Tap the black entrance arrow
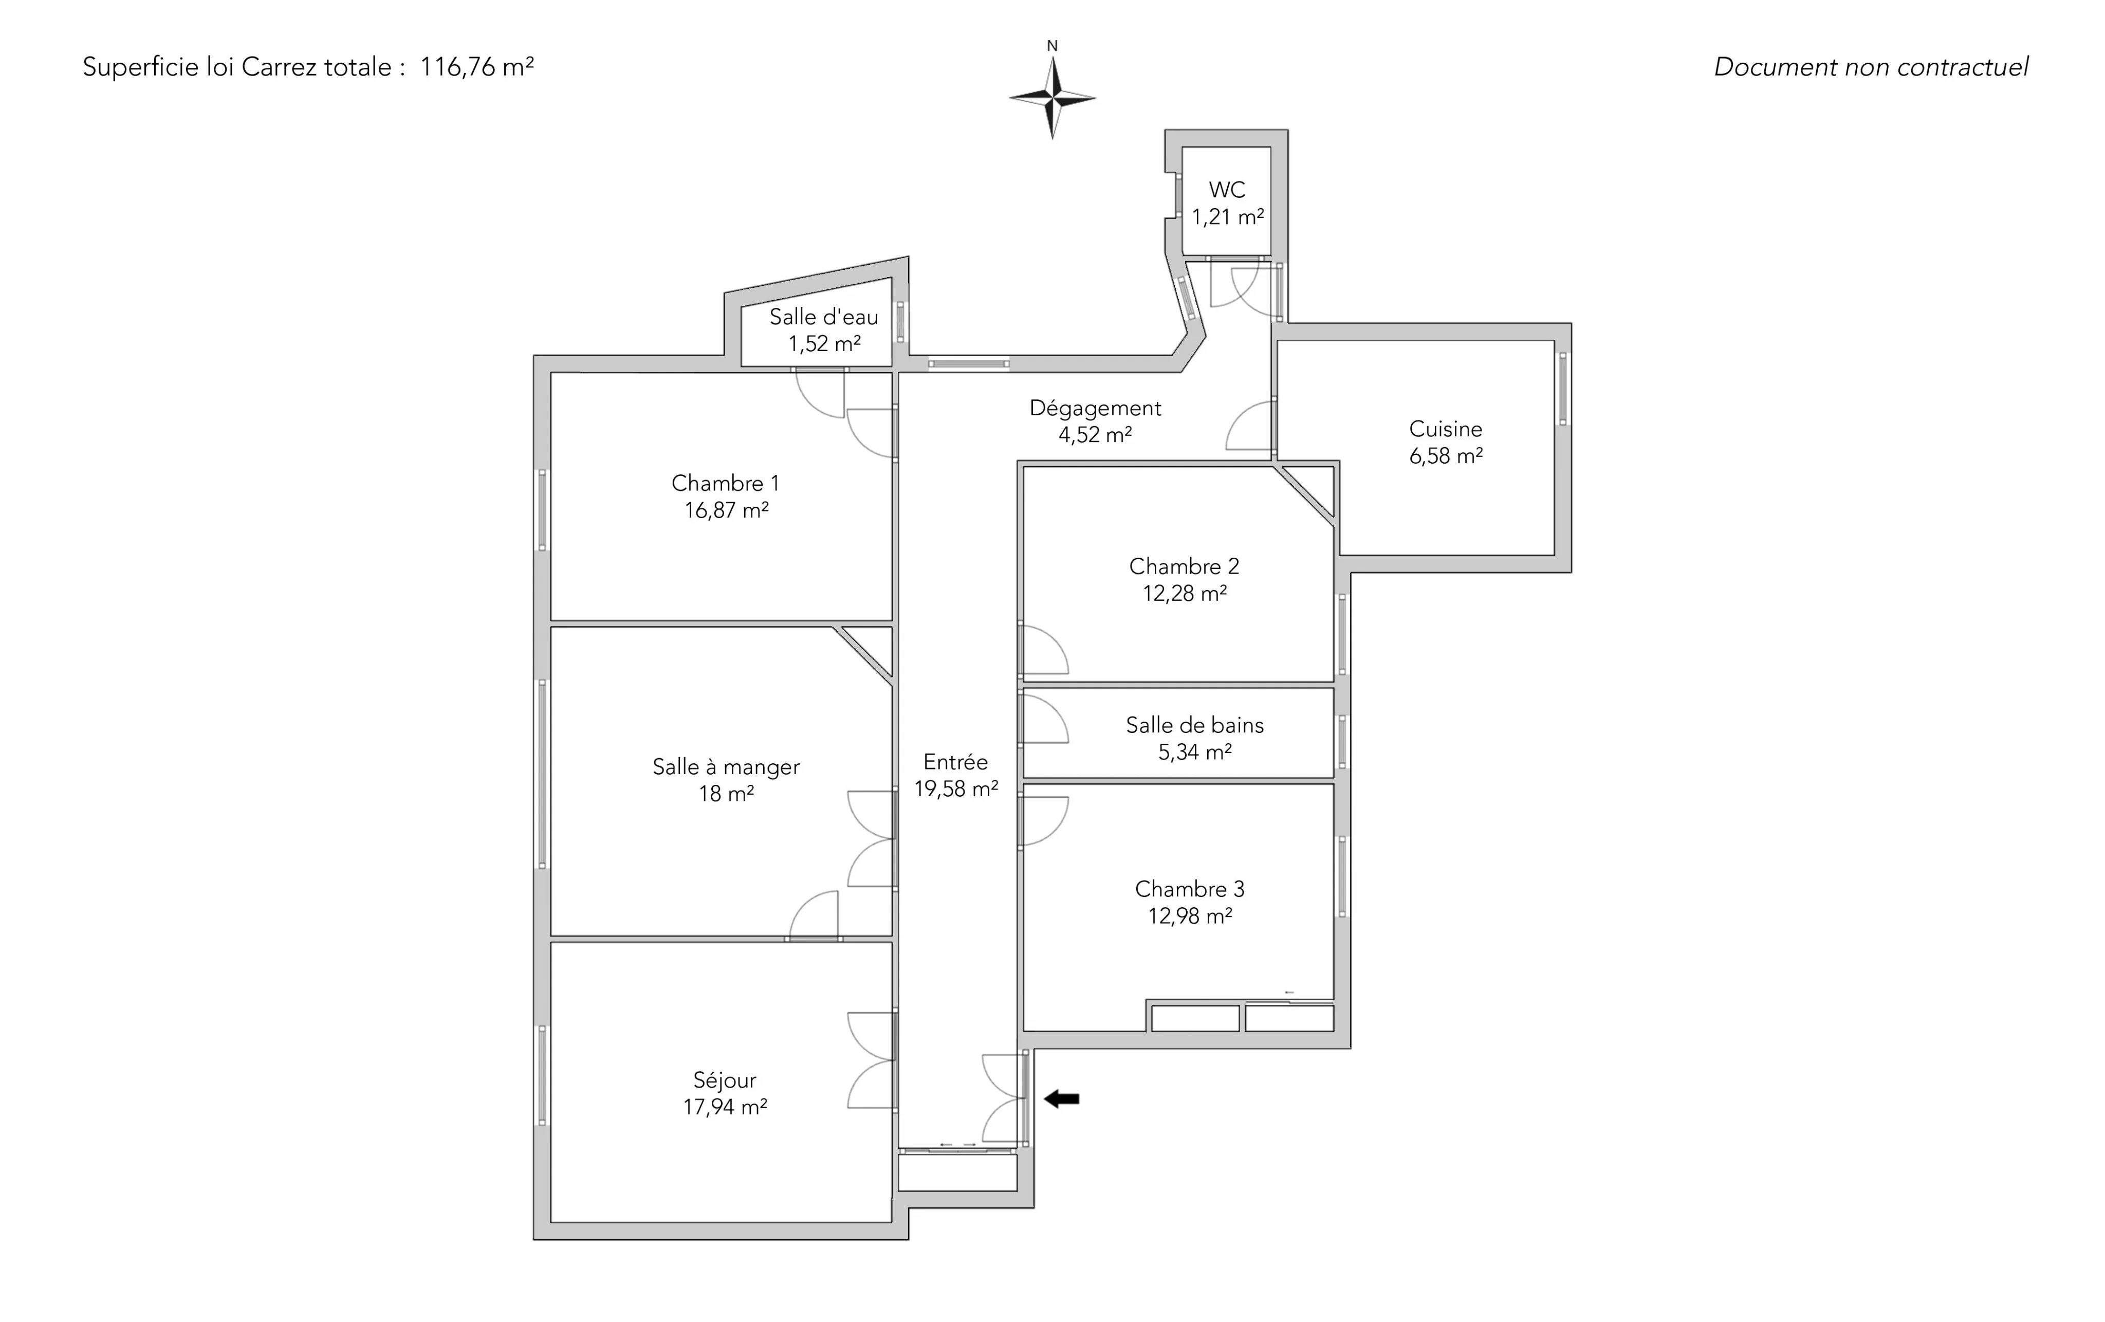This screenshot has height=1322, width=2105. [x=1062, y=1099]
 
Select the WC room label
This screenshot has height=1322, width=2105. [x=1227, y=190]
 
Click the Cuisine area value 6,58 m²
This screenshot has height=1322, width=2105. [x=1446, y=455]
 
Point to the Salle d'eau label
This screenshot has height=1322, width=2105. [x=823, y=317]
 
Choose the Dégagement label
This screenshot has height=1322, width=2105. [x=1095, y=408]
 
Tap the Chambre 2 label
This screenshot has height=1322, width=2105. [x=1185, y=566]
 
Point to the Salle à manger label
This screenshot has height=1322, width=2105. [x=726, y=767]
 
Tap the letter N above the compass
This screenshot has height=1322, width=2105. [x=1052, y=46]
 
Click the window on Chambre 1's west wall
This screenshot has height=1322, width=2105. [x=542, y=510]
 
